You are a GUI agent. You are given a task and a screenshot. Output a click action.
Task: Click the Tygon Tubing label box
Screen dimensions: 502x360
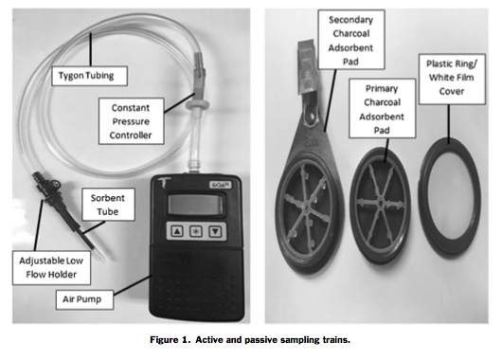[x=90, y=76]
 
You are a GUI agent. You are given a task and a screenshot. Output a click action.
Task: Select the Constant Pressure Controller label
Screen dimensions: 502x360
[x=132, y=121]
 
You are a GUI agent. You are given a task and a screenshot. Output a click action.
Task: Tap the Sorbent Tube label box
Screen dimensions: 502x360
[x=108, y=205]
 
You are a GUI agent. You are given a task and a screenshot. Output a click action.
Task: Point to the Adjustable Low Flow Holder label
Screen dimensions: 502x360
[x=51, y=267]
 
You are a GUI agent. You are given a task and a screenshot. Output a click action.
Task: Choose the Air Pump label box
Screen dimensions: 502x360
[x=84, y=299]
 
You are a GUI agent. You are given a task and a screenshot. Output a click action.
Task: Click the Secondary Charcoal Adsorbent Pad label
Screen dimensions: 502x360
[x=351, y=40]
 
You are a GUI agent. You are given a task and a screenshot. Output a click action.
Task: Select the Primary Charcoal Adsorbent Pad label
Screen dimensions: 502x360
[x=383, y=109]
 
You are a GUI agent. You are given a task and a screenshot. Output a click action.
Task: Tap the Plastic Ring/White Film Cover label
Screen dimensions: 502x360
[x=452, y=79]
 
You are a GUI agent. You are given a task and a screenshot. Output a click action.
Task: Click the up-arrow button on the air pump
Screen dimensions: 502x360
[x=177, y=231]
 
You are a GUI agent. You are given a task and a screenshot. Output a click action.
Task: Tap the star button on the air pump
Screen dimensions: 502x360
[x=196, y=231]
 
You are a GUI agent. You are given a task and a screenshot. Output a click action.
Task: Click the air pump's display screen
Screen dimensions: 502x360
[x=196, y=205]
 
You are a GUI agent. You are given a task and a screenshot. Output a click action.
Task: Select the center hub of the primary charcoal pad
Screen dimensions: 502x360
[x=380, y=203]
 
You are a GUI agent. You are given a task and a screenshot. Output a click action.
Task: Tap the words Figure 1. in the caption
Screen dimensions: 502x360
[x=170, y=339]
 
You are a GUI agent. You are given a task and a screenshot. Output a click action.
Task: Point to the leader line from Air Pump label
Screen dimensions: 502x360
[x=133, y=285]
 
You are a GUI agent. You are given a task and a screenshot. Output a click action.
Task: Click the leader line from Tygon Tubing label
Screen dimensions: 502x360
[x=91, y=49]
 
